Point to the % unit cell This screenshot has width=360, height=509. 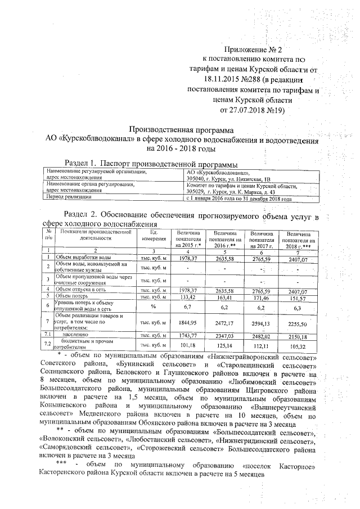pyautogui.click(x=152, y=306)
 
